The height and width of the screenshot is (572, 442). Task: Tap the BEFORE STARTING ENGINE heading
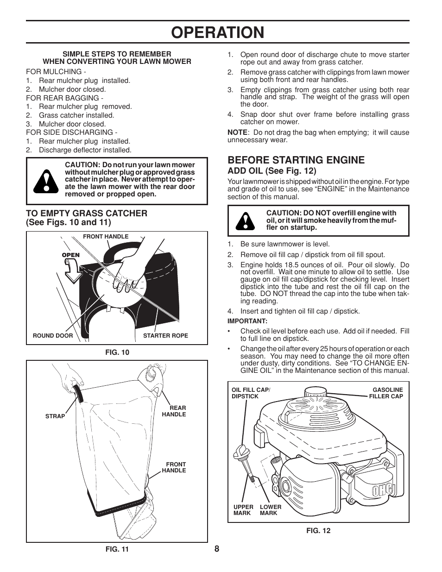point(296,160)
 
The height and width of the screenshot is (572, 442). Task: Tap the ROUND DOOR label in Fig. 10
point(53,335)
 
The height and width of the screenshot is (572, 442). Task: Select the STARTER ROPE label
point(165,335)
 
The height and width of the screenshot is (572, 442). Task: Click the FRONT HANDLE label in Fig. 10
point(106,236)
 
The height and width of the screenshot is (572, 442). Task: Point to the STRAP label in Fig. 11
point(55,416)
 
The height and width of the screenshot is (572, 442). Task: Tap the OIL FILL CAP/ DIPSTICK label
point(250,393)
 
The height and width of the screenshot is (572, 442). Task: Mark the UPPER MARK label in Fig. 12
point(243,510)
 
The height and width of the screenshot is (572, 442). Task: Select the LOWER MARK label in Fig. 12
point(271,510)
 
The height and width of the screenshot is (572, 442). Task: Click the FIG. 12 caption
point(318,531)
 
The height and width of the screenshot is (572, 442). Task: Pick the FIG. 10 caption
point(117,352)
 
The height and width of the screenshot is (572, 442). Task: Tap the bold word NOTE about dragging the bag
point(237,132)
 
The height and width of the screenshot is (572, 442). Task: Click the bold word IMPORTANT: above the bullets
point(247,321)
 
